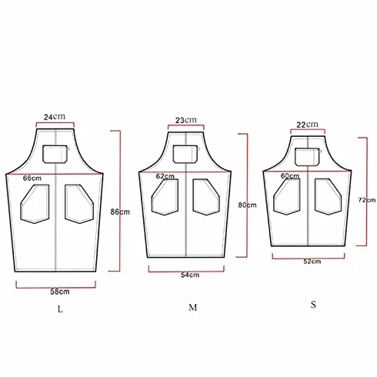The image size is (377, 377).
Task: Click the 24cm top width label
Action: (55, 117)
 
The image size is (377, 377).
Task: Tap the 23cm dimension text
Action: (186, 120)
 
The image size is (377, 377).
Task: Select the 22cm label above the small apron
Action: (307, 125)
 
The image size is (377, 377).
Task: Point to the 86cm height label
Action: (120, 212)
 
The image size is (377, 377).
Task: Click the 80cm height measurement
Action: (247, 205)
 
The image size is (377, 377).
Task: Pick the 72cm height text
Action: (367, 200)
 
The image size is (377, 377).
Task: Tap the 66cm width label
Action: (32, 178)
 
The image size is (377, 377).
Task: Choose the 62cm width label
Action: (165, 176)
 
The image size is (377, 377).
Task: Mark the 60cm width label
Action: (290, 175)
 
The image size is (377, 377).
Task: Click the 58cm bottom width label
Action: (60, 292)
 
